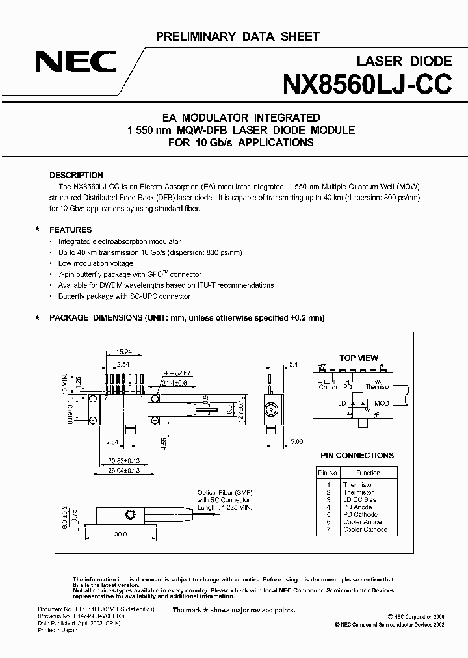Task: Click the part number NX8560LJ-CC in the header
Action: tap(367, 86)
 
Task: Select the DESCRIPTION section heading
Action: tap(77, 176)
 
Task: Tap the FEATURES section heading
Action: tap(71, 230)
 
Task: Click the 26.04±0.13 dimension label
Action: tap(124, 470)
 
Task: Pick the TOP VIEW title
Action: tap(359, 358)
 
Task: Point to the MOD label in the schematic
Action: tap(382, 404)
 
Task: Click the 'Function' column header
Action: tap(369, 473)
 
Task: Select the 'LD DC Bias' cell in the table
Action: tap(359, 499)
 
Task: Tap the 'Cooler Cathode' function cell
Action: tap(367, 529)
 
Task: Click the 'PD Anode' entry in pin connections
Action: tap(358, 507)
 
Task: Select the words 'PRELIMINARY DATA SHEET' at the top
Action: tap(237, 37)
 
